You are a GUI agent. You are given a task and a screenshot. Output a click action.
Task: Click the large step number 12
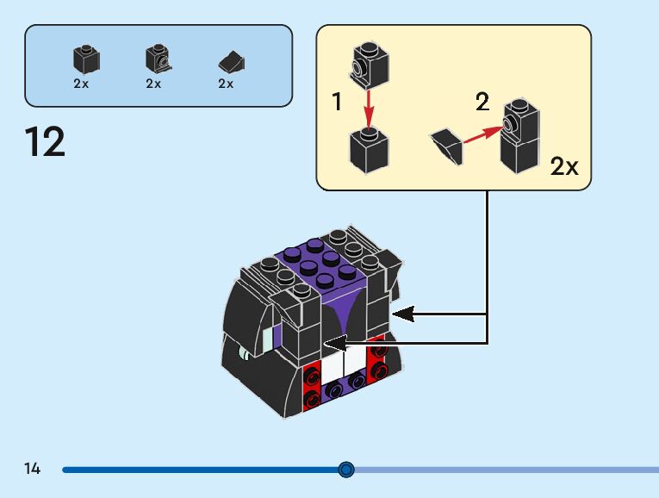click(46, 142)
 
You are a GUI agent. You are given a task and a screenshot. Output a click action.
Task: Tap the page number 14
click(32, 469)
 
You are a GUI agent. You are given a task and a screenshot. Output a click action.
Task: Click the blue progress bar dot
click(346, 470)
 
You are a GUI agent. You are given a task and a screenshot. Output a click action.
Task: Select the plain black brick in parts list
click(86, 59)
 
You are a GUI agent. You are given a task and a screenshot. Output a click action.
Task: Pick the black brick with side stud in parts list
click(157, 59)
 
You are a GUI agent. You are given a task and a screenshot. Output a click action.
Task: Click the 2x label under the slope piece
click(226, 84)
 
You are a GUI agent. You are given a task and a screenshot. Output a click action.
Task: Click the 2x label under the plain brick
click(81, 84)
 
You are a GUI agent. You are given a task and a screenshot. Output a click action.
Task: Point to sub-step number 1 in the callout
click(337, 103)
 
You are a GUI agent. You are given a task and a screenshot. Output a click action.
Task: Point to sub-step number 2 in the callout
click(482, 103)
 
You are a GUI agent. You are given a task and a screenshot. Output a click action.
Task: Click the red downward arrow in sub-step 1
click(369, 108)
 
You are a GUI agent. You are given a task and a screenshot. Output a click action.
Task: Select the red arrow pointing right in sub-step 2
click(482, 135)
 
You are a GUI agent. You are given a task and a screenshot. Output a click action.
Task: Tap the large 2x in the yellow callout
click(564, 166)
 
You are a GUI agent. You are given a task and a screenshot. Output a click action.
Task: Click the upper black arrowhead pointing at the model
click(405, 314)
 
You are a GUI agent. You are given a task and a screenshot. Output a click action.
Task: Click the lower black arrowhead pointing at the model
click(337, 344)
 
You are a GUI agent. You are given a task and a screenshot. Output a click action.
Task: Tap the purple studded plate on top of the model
click(322, 266)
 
